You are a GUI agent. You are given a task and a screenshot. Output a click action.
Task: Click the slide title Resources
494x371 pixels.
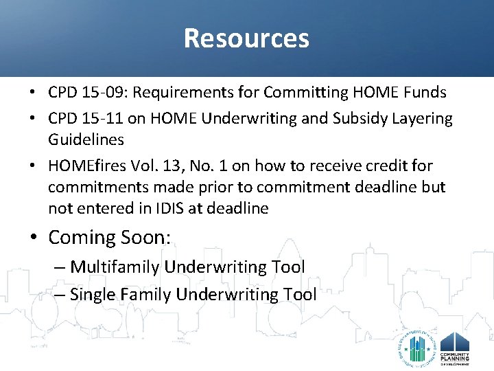(246, 38)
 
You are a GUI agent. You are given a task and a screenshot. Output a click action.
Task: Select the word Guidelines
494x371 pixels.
(86, 139)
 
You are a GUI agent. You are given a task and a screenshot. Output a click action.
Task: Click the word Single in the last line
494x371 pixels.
(92, 295)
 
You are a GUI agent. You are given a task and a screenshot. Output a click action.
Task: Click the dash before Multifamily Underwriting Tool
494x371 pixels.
(60, 267)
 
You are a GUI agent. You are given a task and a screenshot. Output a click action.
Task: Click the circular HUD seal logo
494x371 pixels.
(416, 348)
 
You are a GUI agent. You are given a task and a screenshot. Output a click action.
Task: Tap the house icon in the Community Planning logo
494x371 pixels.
(454, 342)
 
